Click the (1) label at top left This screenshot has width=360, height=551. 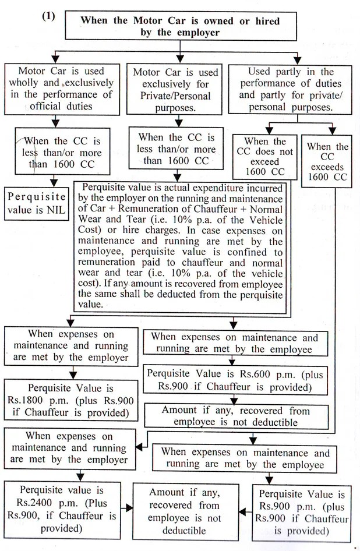click(x=48, y=16)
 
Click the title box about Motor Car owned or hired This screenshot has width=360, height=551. click(x=179, y=26)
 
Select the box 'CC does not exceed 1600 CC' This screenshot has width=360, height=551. click(x=264, y=156)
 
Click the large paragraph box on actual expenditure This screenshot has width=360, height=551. click(x=182, y=247)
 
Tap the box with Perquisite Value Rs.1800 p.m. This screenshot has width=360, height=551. click(x=69, y=400)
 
